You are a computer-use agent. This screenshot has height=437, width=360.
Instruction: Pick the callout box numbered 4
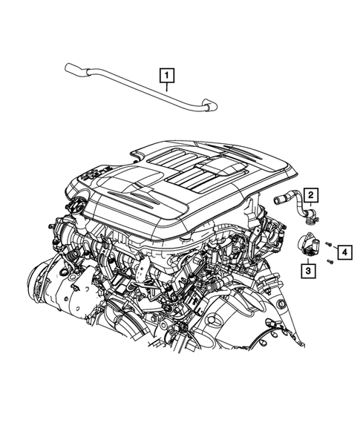(x=344, y=252)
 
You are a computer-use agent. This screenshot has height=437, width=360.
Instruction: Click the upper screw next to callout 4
(x=327, y=247)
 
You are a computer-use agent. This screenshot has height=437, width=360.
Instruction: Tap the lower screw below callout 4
(x=327, y=266)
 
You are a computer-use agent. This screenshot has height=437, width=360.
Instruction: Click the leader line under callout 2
(x=311, y=208)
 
